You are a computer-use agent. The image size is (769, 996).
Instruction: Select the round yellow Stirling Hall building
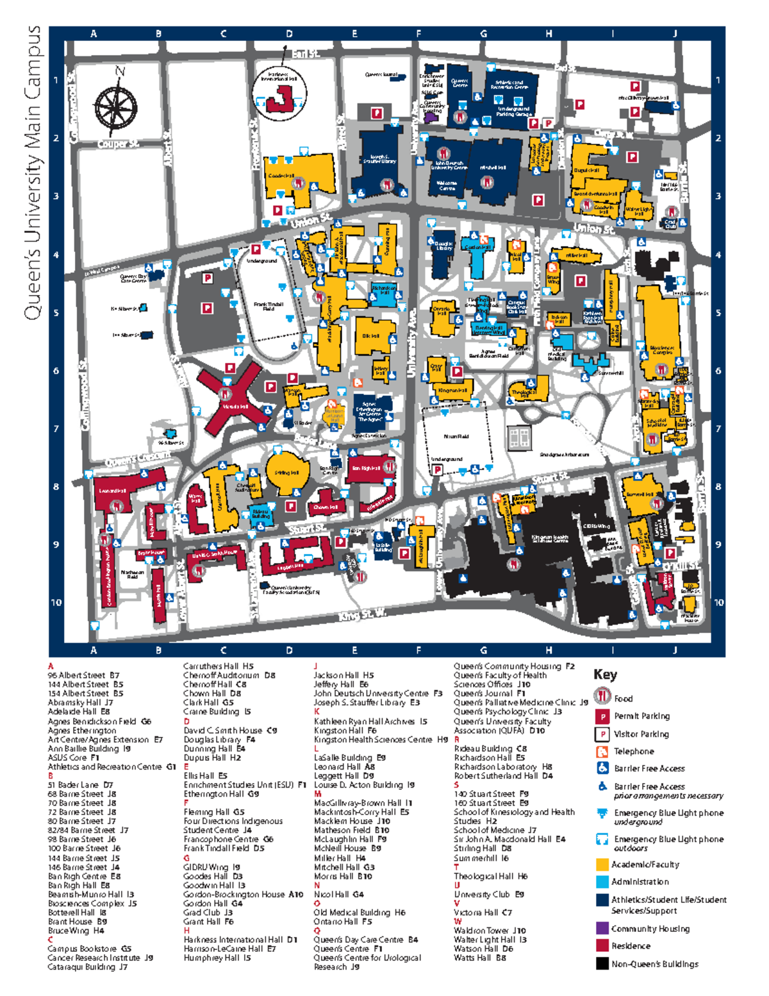pos(286,473)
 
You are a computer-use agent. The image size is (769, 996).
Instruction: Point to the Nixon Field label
pos(456,436)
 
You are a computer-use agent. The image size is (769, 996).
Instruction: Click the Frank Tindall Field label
pos(268,307)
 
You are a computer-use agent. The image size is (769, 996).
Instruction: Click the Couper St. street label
pos(118,144)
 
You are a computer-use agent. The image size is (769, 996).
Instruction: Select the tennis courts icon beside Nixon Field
pos(519,439)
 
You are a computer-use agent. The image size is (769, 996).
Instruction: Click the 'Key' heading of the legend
pos(605,675)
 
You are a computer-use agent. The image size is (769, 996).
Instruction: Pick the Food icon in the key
pos(602,697)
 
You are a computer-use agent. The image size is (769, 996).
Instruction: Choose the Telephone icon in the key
pos(602,751)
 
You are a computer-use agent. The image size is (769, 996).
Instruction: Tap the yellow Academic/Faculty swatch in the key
pos(602,865)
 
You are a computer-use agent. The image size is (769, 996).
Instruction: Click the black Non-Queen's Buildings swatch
pos(602,963)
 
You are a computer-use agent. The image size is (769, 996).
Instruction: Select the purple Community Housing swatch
pos(602,928)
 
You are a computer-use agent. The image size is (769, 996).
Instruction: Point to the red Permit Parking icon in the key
pos(602,716)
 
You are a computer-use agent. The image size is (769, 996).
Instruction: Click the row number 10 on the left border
pos(56,602)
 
